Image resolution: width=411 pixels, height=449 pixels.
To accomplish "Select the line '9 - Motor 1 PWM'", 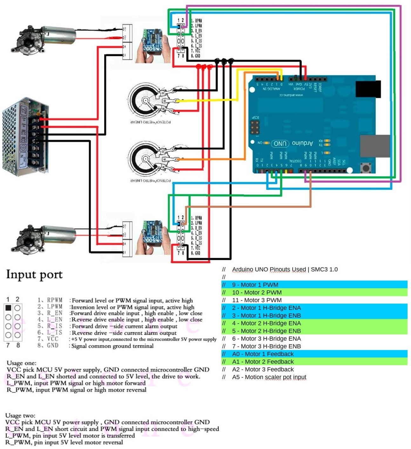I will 255,285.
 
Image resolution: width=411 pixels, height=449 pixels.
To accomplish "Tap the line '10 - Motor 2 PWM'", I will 257,292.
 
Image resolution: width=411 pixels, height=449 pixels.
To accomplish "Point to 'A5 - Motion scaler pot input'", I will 269,377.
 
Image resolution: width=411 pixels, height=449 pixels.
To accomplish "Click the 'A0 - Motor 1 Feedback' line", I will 263,354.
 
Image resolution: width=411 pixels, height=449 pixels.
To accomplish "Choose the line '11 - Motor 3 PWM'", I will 257,300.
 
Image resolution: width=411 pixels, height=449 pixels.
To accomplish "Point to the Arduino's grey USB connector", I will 375,146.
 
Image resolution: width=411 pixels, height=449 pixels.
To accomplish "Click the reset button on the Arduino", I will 366,168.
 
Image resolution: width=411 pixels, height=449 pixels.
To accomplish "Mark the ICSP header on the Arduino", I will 255,127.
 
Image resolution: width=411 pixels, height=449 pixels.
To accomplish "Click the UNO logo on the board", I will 280,144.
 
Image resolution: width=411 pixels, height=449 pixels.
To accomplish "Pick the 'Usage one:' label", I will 21,363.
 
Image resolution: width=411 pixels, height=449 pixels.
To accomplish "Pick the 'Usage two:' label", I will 20,415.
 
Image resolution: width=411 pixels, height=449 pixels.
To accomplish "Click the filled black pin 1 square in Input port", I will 9,308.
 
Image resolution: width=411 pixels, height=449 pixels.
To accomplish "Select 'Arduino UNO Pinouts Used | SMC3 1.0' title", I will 285,270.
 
